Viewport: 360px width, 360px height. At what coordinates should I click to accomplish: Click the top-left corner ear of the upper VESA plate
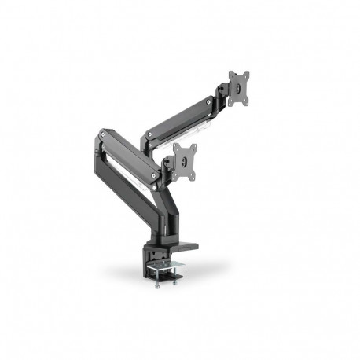click(230, 75)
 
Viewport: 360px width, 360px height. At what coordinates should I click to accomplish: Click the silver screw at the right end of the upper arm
click(209, 101)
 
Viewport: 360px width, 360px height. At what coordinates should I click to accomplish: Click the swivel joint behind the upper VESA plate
click(224, 92)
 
